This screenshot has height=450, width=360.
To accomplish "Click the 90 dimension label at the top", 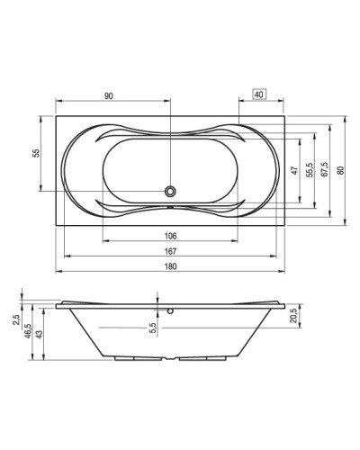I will (x=108, y=94).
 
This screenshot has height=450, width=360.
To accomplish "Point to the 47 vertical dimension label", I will (x=293, y=170).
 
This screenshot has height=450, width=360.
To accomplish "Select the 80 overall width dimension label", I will (x=340, y=170).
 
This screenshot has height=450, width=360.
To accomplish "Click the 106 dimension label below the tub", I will (x=171, y=236).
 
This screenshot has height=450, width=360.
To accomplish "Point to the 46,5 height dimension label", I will (x=28, y=329).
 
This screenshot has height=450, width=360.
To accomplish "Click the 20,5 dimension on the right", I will (x=292, y=315).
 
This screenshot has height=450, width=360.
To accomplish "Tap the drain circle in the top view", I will (x=171, y=191).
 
